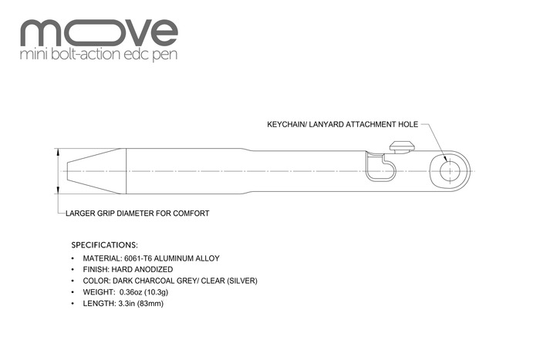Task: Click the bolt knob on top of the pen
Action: [x=400, y=144]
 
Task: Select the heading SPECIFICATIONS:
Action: [x=104, y=244]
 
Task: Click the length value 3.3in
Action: [x=127, y=304]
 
